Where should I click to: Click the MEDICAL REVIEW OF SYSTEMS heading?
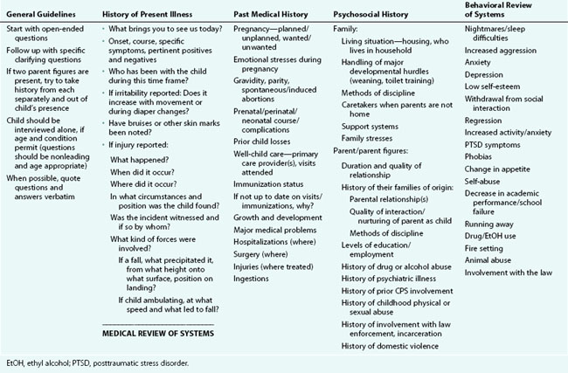click(x=158, y=331)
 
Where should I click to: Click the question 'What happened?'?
click(x=141, y=172)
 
